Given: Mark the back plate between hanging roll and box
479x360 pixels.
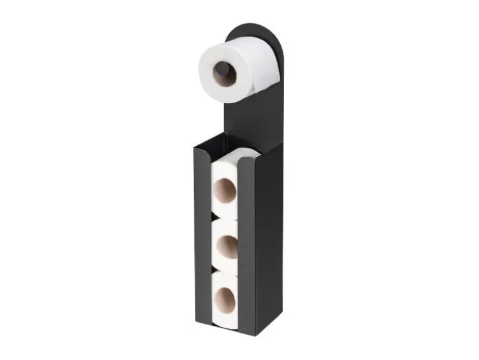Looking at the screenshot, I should (x=249, y=119).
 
